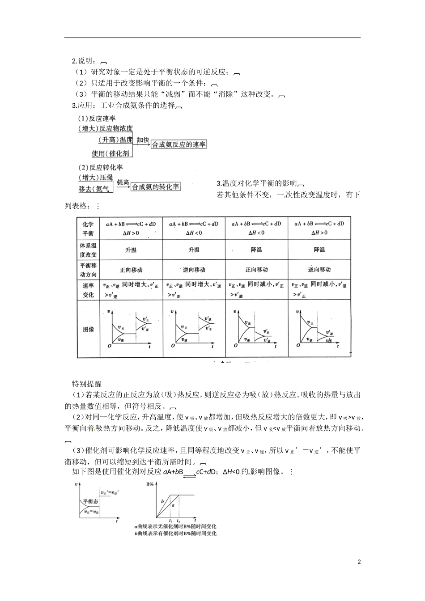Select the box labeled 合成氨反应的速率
click(x=178, y=145)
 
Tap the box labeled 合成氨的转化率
click(x=155, y=187)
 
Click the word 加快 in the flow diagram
click(x=143, y=140)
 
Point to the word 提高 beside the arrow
click(x=123, y=182)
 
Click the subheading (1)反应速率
click(x=97, y=119)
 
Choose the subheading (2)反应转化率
click(x=100, y=167)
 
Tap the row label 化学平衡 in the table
click(x=88, y=229)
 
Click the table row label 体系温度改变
click(x=88, y=250)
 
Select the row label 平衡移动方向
click(x=88, y=270)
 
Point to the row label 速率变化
click(x=88, y=290)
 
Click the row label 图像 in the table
click(x=88, y=329)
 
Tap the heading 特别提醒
click(x=87, y=384)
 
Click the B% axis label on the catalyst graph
click(x=150, y=484)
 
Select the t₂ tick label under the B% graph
click(x=178, y=521)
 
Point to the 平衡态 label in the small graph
click(x=90, y=502)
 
